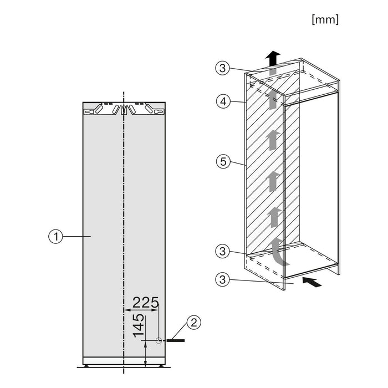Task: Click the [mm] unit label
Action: (325, 19)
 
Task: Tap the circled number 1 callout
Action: (54, 237)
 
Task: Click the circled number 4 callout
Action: (222, 101)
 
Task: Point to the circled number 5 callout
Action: (222, 163)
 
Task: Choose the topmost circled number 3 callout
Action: (222, 68)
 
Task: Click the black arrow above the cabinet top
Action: (272, 58)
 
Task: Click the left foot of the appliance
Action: (87, 366)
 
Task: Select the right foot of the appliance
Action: (161, 366)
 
